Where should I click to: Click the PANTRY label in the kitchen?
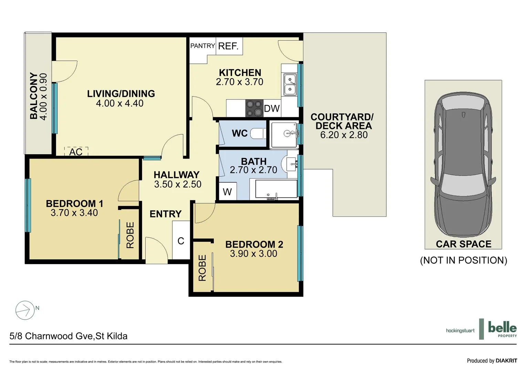[202, 46]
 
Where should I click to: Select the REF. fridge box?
[229, 46]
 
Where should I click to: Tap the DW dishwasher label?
[272, 109]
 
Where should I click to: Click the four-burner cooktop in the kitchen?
[254, 108]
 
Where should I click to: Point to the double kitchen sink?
[290, 85]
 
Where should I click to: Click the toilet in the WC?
[258, 133]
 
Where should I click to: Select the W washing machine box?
[228, 192]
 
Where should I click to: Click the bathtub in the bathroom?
[276, 189]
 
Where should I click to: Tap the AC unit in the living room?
[76, 152]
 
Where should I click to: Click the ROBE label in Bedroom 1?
[130, 235]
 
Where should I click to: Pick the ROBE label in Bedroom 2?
[202, 268]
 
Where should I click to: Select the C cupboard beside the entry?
[181, 241]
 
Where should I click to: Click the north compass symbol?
[25, 310]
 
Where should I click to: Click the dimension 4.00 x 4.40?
[119, 103]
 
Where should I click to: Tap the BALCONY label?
[34, 96]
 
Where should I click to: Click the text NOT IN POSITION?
[463, 260]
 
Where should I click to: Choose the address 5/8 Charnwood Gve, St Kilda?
[69, 336]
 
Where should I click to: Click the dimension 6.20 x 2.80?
[344, 135]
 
